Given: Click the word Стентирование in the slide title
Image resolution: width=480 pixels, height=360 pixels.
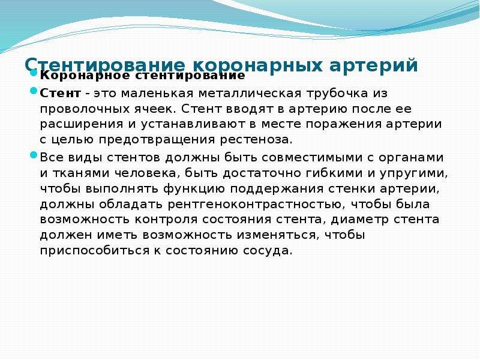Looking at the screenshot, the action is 104,65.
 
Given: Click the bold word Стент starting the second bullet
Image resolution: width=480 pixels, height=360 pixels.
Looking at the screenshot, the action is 61,93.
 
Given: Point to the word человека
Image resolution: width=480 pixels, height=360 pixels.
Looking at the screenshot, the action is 145,173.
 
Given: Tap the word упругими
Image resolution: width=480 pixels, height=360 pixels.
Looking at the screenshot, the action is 413,173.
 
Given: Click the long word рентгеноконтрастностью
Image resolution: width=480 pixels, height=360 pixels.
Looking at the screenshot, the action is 254,204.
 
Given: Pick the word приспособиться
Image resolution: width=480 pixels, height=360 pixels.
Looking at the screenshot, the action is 92,250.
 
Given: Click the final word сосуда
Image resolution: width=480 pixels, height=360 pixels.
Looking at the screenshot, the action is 266,250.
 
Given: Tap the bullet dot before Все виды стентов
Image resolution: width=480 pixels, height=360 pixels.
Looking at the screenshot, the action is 34,155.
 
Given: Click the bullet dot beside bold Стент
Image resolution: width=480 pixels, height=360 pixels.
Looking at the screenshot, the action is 34,91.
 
